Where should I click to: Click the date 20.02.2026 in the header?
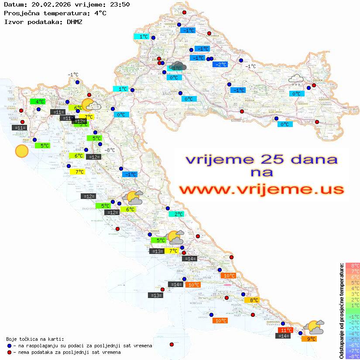47,4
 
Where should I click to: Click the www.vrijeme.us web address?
261,189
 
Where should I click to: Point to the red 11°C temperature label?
286,330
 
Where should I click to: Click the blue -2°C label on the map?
220,65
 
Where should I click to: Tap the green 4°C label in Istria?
38,102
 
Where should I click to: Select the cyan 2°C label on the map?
178,214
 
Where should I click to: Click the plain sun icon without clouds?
21,151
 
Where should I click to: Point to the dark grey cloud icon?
178,67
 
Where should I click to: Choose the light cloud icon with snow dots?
296,79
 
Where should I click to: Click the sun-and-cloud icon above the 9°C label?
314,327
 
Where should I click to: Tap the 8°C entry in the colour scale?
353,266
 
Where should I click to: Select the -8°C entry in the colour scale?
353,356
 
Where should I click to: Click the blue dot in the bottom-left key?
10,346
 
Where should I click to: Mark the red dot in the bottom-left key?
10,352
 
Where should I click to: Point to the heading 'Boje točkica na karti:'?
35,339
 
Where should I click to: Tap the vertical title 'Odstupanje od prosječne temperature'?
341,310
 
